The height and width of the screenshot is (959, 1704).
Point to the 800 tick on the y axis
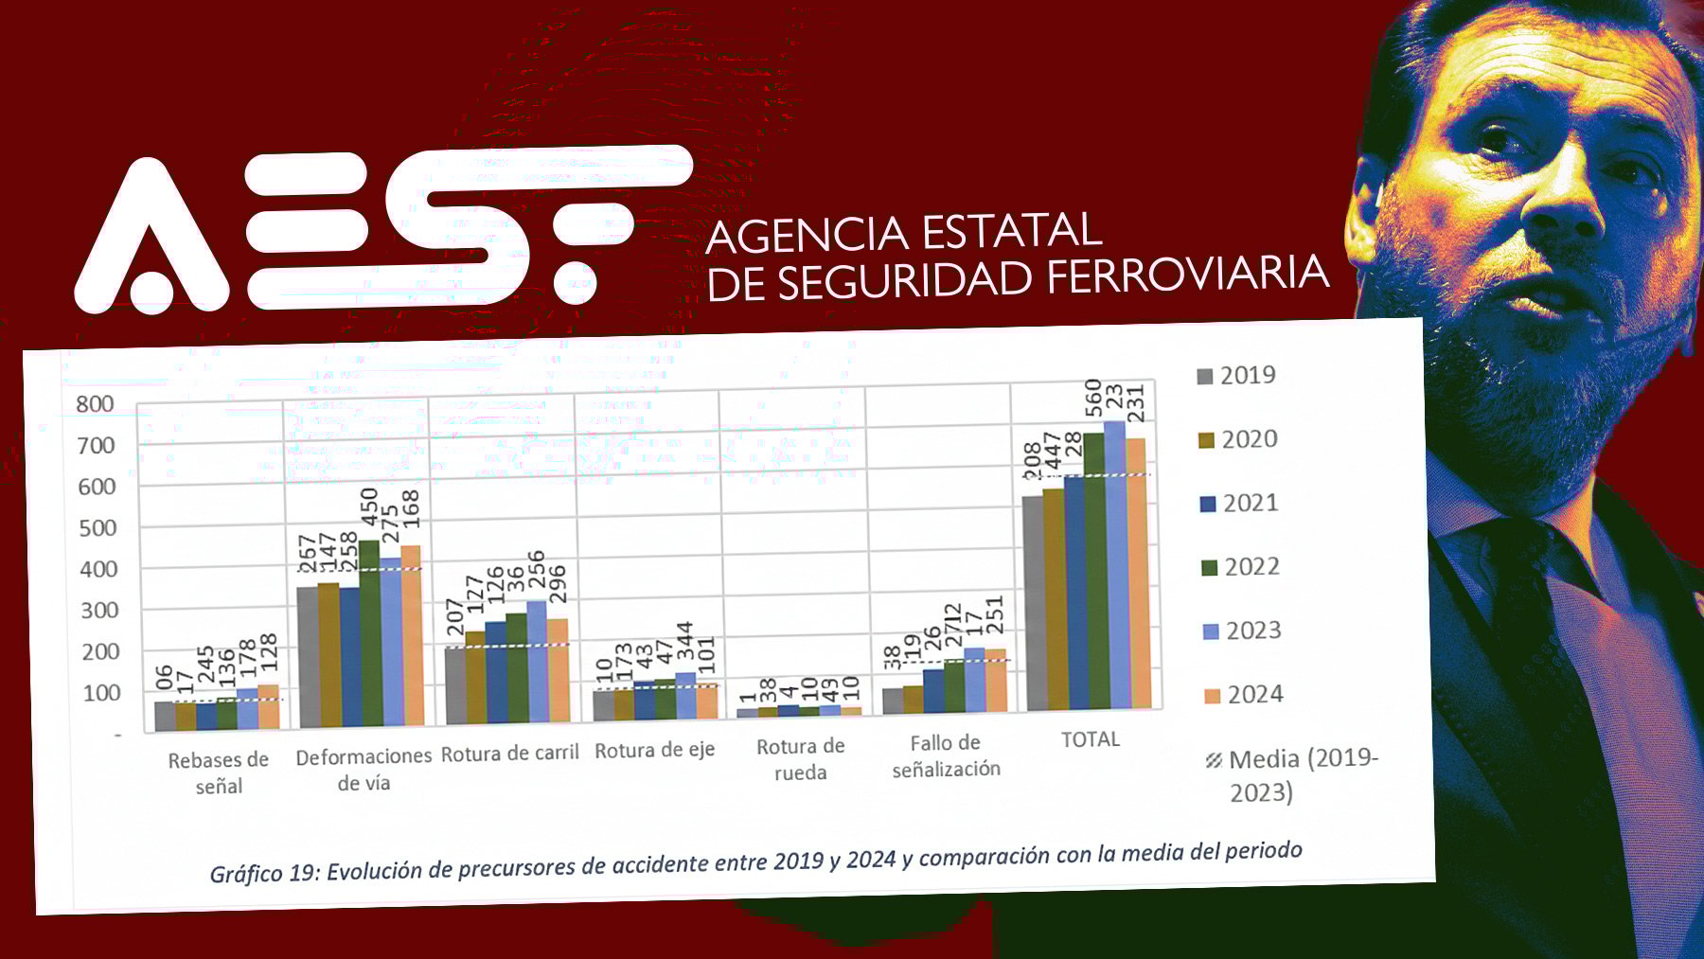coord(95,404)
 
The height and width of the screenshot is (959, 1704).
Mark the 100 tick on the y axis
coord(101,693)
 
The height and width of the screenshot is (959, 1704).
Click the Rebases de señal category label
coord(219,773)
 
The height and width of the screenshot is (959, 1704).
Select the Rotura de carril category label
coord(509,754)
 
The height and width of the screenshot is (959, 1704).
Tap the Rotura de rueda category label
coord(801,759)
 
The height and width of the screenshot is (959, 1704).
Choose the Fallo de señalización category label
coord(946,755)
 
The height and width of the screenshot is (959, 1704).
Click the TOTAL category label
coord(1091,739)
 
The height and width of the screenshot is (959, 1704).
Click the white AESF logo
coord(379,232)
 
